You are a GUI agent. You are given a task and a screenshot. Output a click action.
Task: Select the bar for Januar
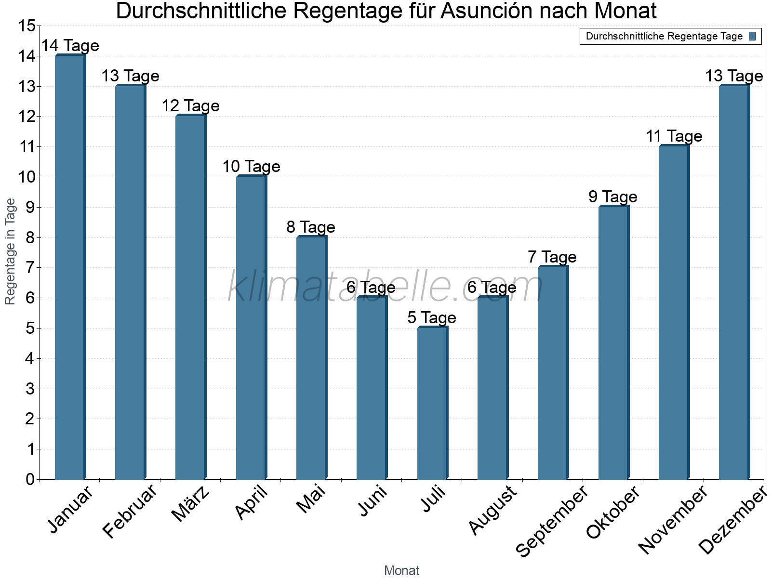click(x=70, y=267)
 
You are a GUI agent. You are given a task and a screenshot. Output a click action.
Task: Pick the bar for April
click(x=251, y=328)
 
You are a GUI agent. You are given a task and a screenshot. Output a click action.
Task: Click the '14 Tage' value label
click(x=70, y=46)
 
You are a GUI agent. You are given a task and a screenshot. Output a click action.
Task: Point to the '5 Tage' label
click(x=432, y=318)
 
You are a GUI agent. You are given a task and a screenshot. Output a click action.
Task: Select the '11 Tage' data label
click(x=674, y=136)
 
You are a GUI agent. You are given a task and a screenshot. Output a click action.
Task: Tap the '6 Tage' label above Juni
click(x=371, y=288)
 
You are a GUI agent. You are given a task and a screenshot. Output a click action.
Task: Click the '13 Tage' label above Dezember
click(x=734, y=76)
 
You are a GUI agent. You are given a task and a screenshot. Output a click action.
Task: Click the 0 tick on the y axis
click(x=30, y=479)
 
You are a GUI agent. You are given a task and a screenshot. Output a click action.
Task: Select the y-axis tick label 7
click(x=30, y=268)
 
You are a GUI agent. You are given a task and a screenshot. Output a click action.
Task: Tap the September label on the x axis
click(x=552, y=521)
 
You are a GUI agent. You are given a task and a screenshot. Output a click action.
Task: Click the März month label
click(x=191, y=504)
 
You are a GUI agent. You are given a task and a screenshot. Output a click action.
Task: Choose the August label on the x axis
click(x=492, y=510)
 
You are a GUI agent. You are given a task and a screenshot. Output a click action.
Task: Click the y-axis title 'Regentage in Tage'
click(x=11, y=251)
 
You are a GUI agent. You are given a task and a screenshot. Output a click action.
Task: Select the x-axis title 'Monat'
click(x=401, y=571)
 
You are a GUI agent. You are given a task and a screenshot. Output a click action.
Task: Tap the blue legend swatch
click(x=752, y=36)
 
